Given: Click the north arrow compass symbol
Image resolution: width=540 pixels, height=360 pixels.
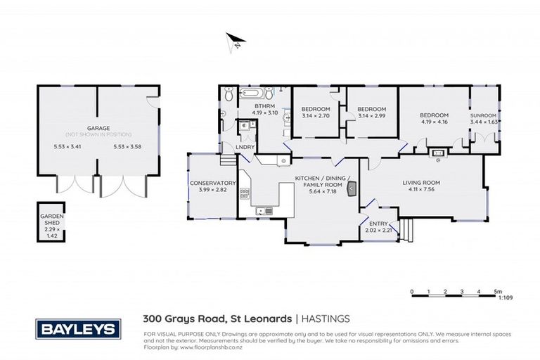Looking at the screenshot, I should [234, 41].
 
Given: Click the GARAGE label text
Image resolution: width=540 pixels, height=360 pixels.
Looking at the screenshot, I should [98, 129].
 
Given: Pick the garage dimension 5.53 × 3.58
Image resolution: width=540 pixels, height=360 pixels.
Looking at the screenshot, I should [127, 147].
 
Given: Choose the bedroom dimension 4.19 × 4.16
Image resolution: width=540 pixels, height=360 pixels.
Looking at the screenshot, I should [434, 119].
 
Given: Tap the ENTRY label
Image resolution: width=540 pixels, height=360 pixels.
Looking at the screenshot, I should [377, 226].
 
